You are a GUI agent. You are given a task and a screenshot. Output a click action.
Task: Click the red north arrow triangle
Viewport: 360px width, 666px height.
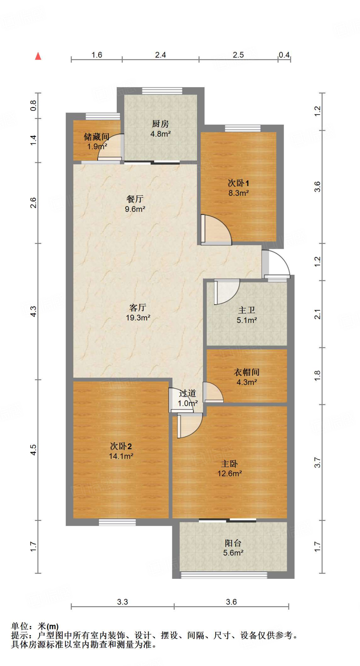38,56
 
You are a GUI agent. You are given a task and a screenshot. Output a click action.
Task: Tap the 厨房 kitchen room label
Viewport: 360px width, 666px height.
160,124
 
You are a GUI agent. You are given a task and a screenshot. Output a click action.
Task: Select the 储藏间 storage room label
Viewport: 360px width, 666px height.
96,137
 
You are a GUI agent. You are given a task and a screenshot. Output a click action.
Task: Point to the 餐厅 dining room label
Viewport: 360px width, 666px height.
135,199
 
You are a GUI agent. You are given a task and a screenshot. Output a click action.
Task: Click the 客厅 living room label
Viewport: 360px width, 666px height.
138,307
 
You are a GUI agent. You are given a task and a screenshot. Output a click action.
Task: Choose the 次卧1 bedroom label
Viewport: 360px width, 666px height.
238,183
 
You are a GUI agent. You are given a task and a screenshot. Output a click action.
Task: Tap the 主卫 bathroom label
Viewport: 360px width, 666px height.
247,310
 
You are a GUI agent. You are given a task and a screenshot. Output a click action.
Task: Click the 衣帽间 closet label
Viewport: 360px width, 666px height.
247,372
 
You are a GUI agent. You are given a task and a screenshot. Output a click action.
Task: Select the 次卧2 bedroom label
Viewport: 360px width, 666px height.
121,446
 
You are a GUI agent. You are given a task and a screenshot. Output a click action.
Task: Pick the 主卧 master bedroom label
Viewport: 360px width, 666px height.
230,463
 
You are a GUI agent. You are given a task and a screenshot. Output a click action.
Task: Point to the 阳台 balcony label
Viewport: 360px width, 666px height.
233,543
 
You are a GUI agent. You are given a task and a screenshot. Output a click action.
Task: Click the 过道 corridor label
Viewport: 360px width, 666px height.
188,393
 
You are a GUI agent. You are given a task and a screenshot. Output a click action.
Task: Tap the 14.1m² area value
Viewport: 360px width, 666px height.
121,456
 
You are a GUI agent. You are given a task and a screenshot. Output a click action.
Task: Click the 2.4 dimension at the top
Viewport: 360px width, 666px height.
160,55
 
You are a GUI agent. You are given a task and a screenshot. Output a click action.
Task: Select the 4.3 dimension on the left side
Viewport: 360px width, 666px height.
33,311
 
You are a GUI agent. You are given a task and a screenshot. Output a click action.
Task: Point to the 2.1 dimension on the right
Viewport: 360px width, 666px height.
318,314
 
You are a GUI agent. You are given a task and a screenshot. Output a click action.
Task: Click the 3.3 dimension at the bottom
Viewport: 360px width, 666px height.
123,602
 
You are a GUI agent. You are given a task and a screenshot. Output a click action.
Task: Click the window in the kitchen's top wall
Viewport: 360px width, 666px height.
162,91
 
